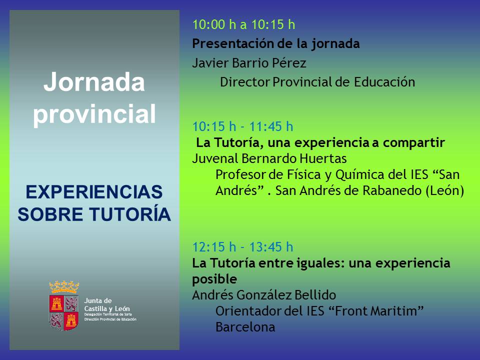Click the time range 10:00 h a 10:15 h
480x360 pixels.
(x=243, y=24)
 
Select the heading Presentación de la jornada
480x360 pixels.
(x=276, y=44)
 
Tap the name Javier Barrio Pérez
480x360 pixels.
(x=249, y=63)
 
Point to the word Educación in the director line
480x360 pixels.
(x=384, y=81)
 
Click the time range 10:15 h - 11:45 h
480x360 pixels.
(x=243, y=126)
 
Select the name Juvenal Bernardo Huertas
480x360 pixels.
(x=269, y=158)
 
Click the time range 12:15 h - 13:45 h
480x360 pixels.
(x=243, y=247)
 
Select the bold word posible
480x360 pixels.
(x=214, y=279)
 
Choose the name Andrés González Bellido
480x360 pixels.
(x=264, y=295)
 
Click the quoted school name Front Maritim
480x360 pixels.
(x=376, y=311)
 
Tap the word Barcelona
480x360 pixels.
(x=245, y=327)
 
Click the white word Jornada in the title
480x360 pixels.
(x=94, y=81)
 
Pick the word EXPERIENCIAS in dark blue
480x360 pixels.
(x=94, y=192)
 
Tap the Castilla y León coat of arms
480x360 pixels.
(x=64, y=306)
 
